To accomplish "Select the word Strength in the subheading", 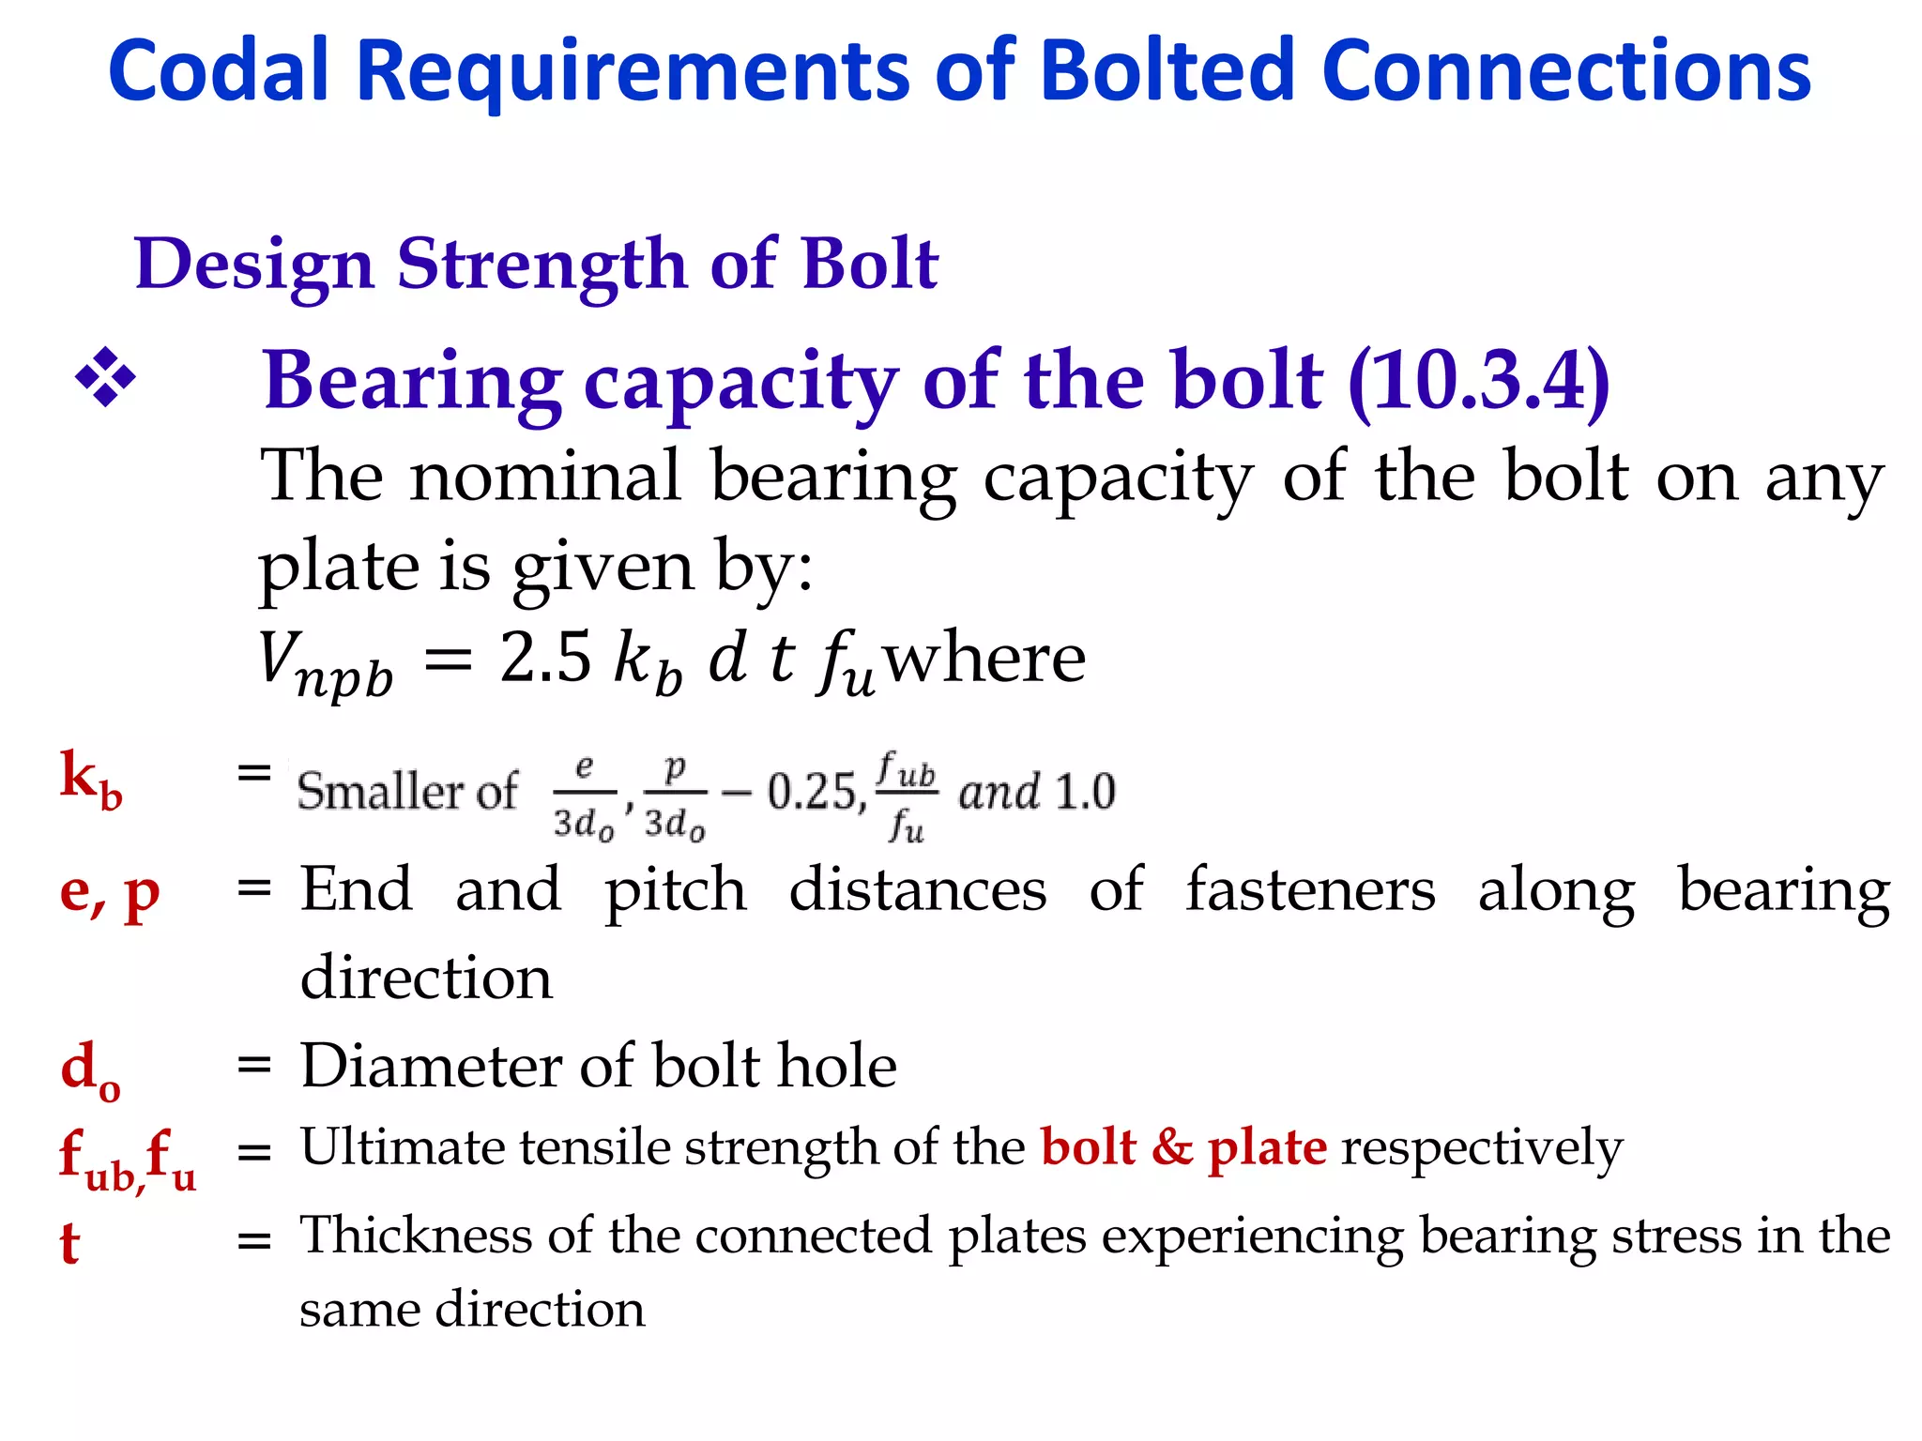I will pyautogui.click(x=542, y=265).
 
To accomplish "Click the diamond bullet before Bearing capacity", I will pyautogui.click(x=105, y=378).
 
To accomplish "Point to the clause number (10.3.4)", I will pyautogui.click(x=1478, y=380).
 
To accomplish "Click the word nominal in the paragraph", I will pyautogui.click(x=545, y=477).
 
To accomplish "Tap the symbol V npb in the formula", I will pyautogui.click(x=324, y=662).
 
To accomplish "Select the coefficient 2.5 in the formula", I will pyautogui.click(x=545, y=657).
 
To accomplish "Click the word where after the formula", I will pyautogui.click(x=985, y=659).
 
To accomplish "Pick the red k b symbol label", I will pyautogui.click(x=90, y=780).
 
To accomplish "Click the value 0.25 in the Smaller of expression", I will pyautogui.click(x=812, y=792).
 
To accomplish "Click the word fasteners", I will pyautogui.click(x=1310, y=889).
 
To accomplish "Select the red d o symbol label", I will pyautogui.click(x=89, y=1069).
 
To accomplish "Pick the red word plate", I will pyautogui.click(x=1267, y=1147).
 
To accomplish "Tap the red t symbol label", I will pyautogui.click(x=69, y=1243).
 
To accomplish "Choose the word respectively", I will pyautogui.click(x=1482, y=1148).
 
